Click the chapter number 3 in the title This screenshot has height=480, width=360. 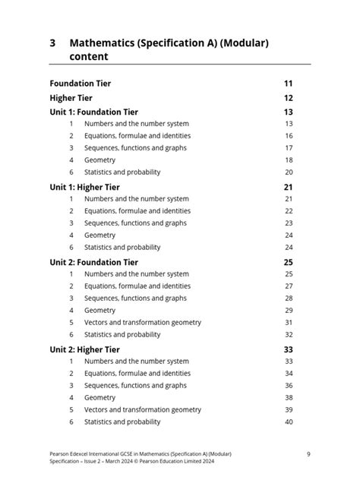[x=53, y=43]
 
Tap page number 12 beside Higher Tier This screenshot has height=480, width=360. [x=289, y=98]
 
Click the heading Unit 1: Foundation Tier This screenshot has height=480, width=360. [x=93, y=112]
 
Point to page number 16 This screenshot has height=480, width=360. [x=289, y=136]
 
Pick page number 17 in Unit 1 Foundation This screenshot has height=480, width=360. [x=289, y=148]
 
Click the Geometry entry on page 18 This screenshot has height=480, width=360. [x=99, y=160]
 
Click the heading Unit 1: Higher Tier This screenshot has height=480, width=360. [x=84, y=187]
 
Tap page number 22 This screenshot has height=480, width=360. [x=289, y=211]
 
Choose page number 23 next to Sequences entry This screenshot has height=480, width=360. [x=289, y=223]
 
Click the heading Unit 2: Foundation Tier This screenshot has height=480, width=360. [x=93, y=262]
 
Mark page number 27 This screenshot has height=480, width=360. [x=289, y=286]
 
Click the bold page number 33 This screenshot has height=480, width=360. [x=289, y=349]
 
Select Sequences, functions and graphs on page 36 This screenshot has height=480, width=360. [x=134, y=385]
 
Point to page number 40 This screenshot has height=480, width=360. [x=289, y=422]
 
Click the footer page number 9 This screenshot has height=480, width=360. [x=308, y=454]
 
